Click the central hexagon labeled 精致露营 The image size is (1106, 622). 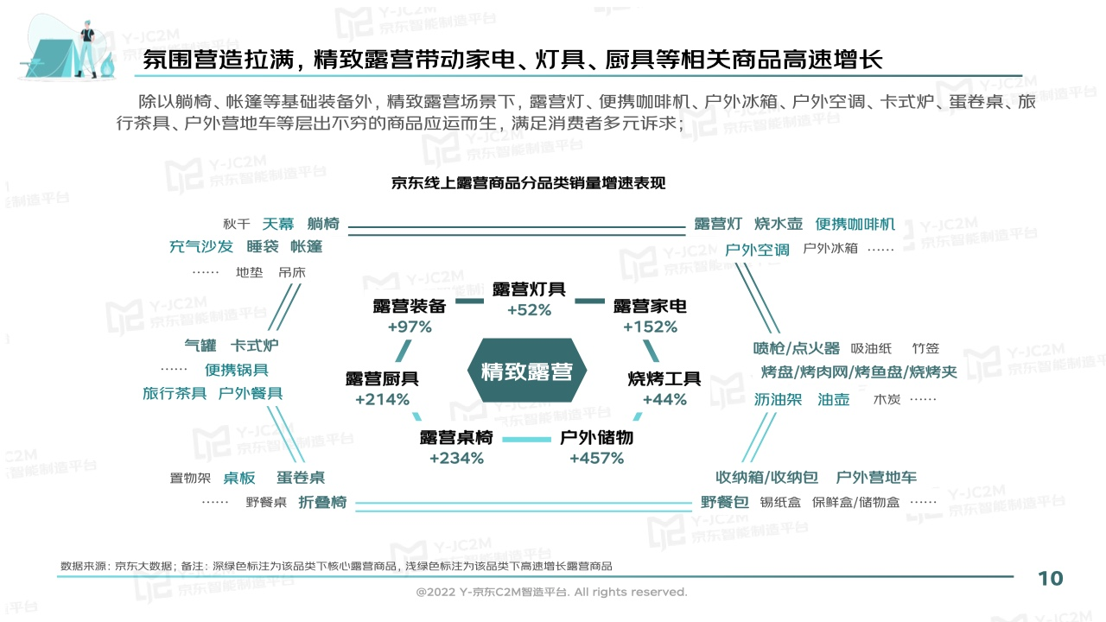pos(527,371)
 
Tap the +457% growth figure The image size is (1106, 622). pos(596,459)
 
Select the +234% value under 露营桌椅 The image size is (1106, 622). pos(456,459)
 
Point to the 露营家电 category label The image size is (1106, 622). pos(650,306)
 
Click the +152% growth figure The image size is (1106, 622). pos(650,327)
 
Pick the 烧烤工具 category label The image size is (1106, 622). pos(664,378)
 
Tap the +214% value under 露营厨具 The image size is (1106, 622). pos(382,399)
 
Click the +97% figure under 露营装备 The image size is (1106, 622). pos(410,327)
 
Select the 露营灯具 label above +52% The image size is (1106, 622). pos(529,289)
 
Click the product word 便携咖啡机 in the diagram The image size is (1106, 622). pos(855,224)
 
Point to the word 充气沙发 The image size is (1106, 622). pos(201,246)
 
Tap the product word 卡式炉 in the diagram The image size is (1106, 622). pos(254,346)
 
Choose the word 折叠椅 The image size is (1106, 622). pos(322,503)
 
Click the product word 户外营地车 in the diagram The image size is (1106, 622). pos(876,478)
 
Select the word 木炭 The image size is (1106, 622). pos(887,399)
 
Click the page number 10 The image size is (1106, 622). pos(1050,579)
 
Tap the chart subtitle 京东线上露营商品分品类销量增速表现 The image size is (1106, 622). pos(528,183)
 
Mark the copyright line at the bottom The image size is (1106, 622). pos(551,592)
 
